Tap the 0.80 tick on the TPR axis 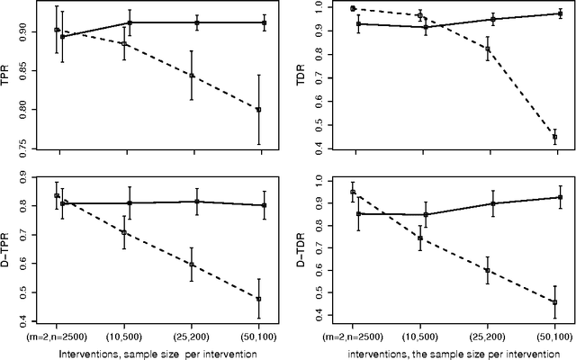25,110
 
